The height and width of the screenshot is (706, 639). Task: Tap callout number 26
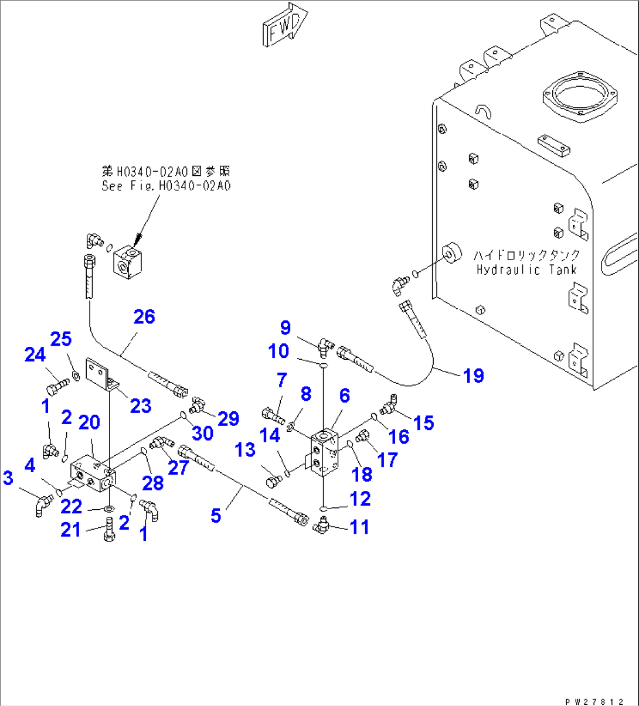click(144, 317)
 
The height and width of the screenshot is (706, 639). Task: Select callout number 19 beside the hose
click(474, 376)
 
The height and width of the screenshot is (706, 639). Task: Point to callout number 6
click(345, 395)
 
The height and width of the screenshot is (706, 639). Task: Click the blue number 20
click(90, 422)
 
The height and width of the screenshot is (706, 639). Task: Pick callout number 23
click(141, 405)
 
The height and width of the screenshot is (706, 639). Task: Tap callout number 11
click(359, 527)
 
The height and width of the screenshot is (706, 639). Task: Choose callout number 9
click(285, 328)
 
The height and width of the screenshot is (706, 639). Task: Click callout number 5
click(216, 516)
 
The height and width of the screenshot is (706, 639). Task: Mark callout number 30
click(203, 433)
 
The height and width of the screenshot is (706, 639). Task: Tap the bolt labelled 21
click(109, 529)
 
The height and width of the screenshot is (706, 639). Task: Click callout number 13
click(245, 450)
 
